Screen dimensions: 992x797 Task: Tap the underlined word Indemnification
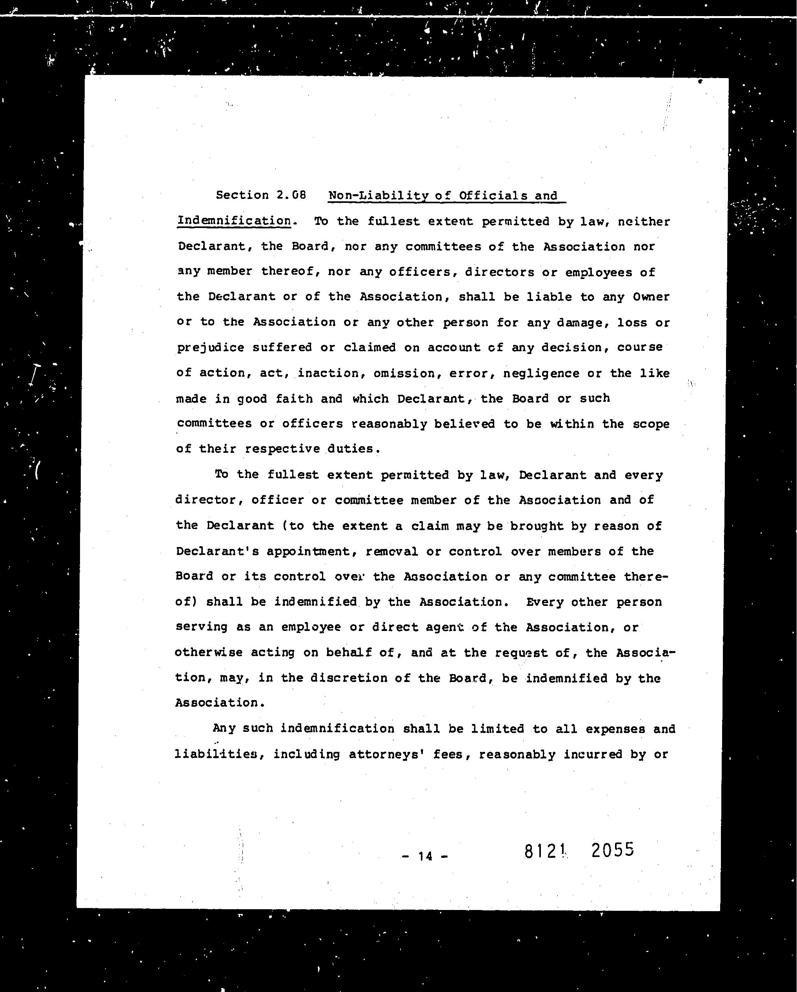click(234, 221)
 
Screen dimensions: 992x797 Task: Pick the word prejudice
click(211, 348)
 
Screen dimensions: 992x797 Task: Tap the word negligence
click(541, 373)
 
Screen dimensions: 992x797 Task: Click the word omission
click(404, 373)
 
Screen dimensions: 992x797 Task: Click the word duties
click(353, 449)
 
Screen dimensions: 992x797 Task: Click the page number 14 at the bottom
click(426, 856)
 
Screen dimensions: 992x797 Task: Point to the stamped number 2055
click(613, 850)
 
